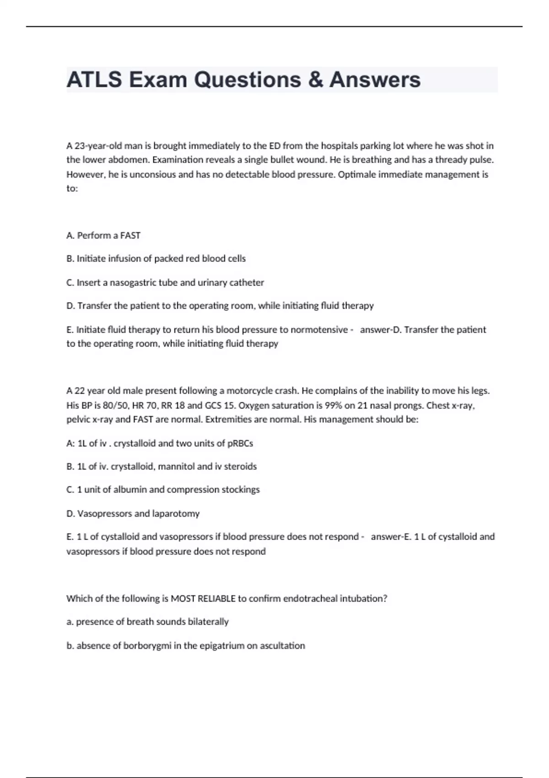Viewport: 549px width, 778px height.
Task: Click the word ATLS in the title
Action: click(95, 80)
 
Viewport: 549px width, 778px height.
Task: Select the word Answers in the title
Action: click(375, 80)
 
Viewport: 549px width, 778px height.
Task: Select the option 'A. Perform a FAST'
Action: click(103, 235)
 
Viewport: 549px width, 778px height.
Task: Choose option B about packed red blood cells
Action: click(156, 259)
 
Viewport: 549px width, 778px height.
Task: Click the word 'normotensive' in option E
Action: click(319, 330)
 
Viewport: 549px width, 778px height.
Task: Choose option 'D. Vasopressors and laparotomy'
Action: click(133, 513)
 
